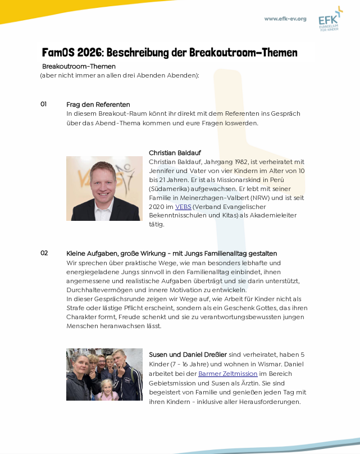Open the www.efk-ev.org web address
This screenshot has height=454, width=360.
(285, 19)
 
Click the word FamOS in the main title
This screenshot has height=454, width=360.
(58, 53)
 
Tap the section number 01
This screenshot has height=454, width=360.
(44, 104)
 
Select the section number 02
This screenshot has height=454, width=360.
(44, 253)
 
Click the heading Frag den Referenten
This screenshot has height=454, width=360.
(98, 105)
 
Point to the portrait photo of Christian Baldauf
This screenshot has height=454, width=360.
(104, 188)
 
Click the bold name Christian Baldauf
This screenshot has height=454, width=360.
(175, 153)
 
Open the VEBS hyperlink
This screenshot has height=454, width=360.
(184, 207)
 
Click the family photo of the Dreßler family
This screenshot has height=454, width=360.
(104, 374)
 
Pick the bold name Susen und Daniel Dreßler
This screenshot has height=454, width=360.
(188, 355)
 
